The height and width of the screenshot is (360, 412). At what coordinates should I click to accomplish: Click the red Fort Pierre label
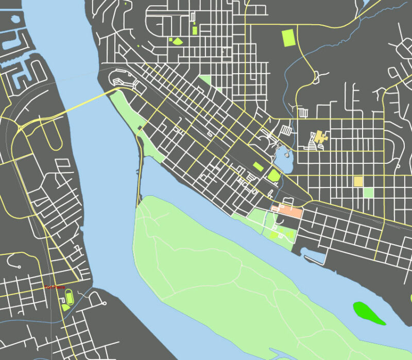click(55, 287)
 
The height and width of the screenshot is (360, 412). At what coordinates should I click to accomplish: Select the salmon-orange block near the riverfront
click(287, 211)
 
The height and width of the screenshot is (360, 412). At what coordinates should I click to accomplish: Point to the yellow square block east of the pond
click(358, 181)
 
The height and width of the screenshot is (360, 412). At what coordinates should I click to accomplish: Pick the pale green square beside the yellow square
click(368, 192)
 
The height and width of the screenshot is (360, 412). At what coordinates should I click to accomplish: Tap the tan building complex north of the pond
click(319, 139)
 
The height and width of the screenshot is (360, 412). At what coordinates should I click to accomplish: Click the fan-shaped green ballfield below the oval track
click(65, 307)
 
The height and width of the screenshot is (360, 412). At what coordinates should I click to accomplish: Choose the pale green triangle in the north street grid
click(205, 80)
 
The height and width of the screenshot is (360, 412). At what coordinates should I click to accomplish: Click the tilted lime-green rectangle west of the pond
click(257, 166)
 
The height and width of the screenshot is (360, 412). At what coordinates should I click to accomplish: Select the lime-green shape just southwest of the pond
click(274, 175)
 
